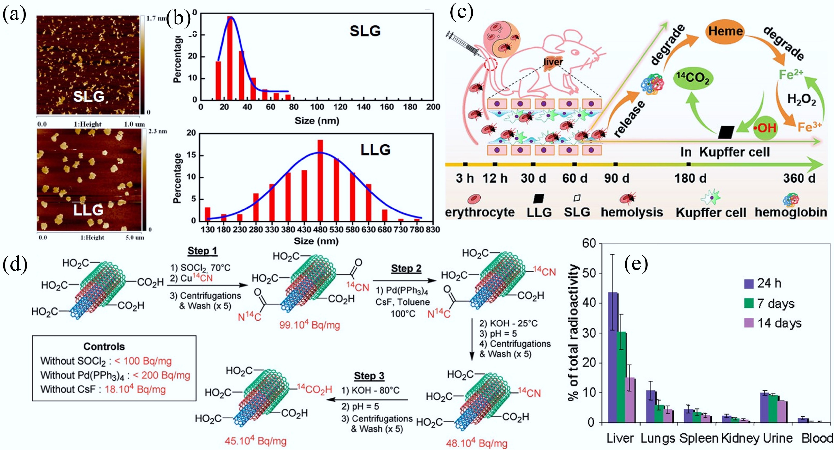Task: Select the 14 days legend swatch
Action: [x=749, y=323]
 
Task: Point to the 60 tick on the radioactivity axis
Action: [x=589, y=244]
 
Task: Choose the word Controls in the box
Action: [x=104, y=346]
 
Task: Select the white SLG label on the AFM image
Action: [x=89, y=96]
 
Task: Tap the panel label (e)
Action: [x=636, y=264]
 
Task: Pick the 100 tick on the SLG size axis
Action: [x=317, y=107]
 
